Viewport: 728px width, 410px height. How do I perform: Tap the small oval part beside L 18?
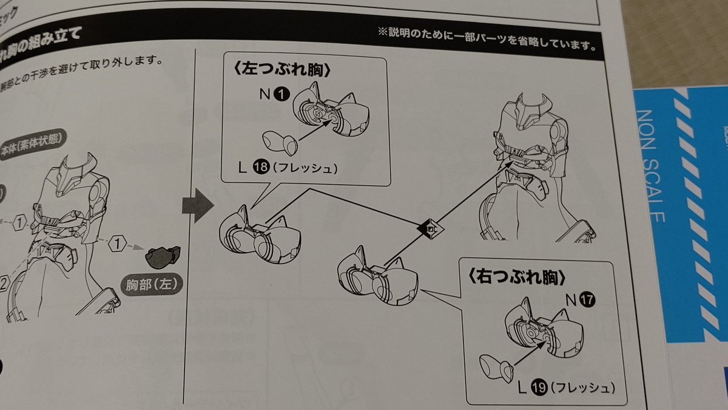280,143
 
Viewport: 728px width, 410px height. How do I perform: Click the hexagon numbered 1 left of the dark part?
117,245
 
